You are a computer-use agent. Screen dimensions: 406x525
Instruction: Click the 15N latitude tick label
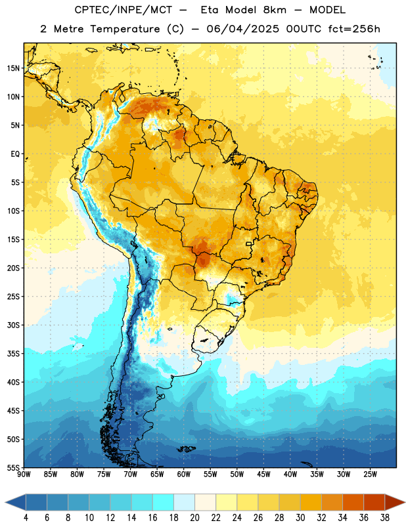[x=13, y=68]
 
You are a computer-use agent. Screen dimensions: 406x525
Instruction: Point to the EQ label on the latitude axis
[x=15, y=154]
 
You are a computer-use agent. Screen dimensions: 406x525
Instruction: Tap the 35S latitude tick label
[x=13, y=354]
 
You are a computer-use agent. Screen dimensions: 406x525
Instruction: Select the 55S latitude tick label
[x=13, y=467]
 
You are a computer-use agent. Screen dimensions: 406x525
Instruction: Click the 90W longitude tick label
[x=24, y=474]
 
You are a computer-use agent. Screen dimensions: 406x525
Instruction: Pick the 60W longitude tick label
[x=184, y=474]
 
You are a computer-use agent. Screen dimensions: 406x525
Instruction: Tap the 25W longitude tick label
[x=370, y=474]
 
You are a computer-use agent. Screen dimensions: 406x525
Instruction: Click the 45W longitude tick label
[x=263, y=474]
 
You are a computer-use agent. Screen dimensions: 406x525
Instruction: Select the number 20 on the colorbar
[x=194, y=518]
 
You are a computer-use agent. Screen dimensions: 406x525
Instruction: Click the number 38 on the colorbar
[x=385, y=518]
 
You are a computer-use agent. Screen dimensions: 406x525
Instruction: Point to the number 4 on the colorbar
[x=26, y=518]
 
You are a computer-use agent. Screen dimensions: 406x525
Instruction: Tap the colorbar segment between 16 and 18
[x=164, y=503]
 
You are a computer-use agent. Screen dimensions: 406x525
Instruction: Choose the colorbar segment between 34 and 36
[x=353, y=503]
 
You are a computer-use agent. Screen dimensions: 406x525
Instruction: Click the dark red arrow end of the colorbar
[x=394, y=503]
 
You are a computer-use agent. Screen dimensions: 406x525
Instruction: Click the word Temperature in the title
[x=125, y=29]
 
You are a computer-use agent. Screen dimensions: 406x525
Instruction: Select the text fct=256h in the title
[x=354, y=29]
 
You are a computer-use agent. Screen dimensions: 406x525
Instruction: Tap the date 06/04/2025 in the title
[x=242, y=29]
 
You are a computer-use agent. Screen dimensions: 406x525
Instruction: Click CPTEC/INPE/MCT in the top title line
[x=124, y=10]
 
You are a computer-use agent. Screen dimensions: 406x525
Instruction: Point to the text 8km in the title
[x=275, y=10]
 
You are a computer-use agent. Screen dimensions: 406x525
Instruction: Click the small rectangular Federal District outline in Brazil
[x=249, y=243]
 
